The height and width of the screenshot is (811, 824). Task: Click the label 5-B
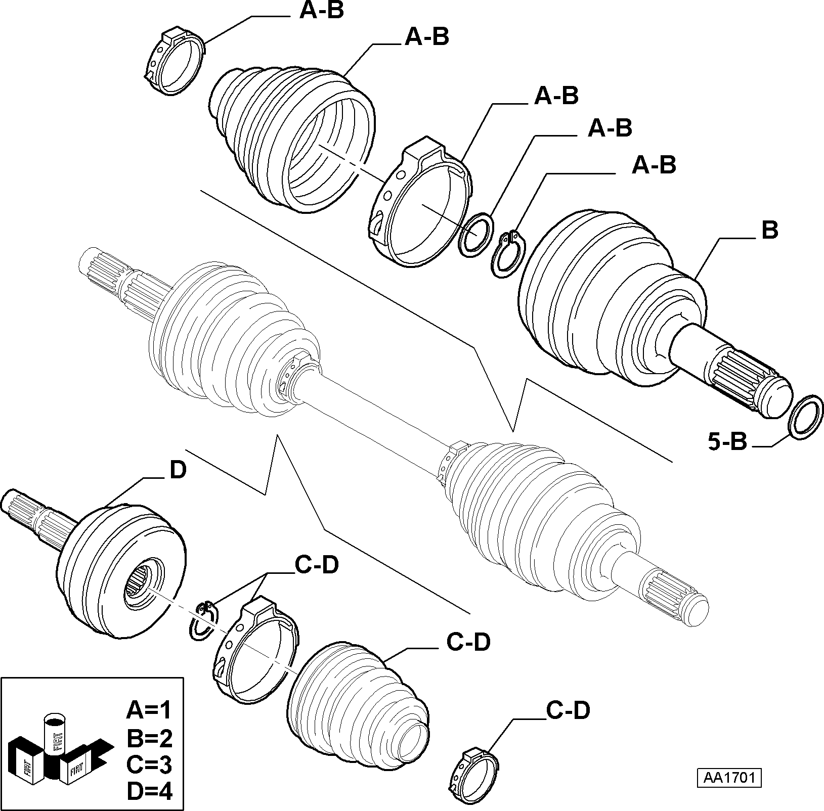point(727,443)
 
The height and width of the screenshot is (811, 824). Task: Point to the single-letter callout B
point(769,231)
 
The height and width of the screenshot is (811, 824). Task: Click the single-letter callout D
point(178,471)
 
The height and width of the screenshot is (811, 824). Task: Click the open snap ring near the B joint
point(508,254)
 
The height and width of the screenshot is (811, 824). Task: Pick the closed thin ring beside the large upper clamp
point(474,235)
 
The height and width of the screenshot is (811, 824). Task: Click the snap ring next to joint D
point(204,621)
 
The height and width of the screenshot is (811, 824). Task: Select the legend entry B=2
point(149,738)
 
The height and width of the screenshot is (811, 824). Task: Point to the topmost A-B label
point(321,11)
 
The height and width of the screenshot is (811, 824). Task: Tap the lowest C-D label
point(568,710)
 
